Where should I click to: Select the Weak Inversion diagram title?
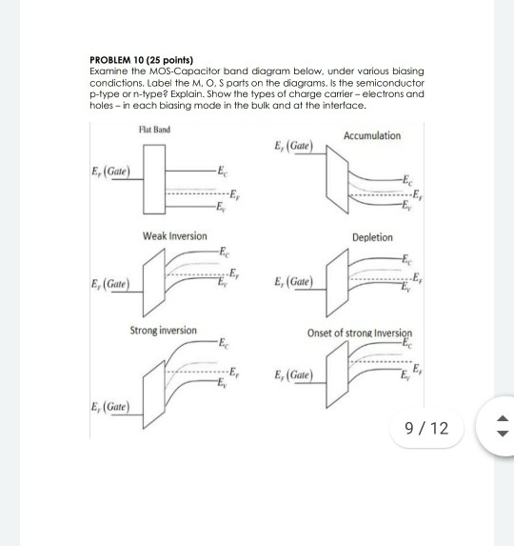(x=174, y=235)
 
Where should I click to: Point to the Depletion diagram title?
(x=370, y=236)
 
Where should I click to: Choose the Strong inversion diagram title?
(x=164, y=331)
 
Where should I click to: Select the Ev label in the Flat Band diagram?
(x=221, y=207)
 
